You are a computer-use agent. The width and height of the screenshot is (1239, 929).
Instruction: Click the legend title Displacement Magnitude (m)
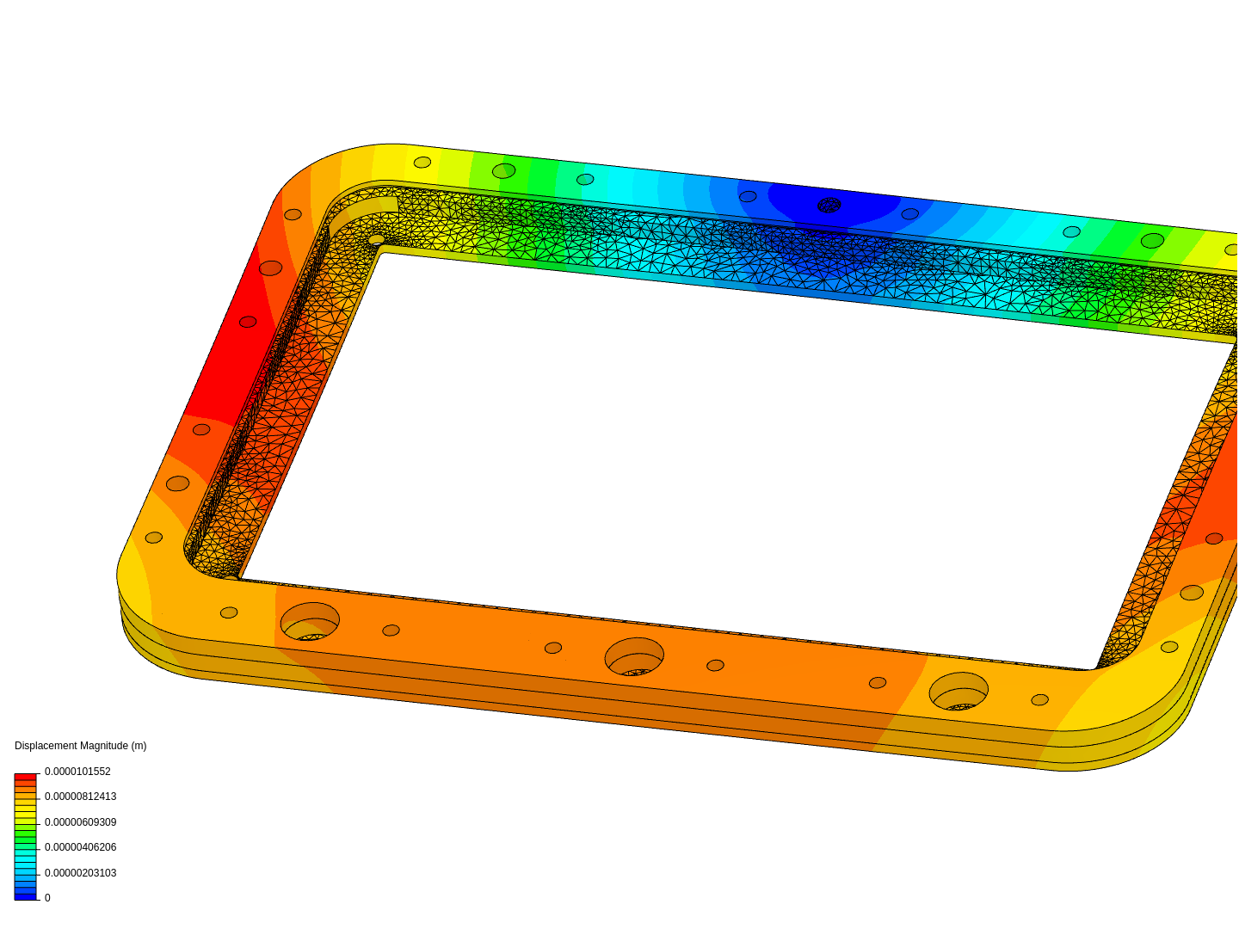(80, 746)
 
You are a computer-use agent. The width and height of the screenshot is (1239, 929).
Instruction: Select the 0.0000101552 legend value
(77, 772)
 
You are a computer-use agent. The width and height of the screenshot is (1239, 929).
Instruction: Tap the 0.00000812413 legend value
(80, 797)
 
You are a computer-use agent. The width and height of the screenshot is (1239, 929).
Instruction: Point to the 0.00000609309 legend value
(80, 822)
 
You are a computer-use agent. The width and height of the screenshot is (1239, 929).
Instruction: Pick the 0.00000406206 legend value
(80, 847)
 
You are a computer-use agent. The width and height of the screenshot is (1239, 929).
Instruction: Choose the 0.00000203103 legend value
(80, 873)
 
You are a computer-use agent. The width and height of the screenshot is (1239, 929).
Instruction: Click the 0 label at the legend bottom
(47, 898)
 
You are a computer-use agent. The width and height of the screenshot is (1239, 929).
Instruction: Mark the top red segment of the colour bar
(26, 777)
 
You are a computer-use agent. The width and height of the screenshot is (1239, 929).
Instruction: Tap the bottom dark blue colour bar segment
(26, 896)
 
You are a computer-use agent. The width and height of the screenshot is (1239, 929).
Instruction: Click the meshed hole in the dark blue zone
(829, 205)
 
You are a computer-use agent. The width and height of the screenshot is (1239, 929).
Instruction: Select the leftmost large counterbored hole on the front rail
(310, 621)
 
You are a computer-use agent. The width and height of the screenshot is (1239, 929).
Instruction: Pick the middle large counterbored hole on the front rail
(634, 656)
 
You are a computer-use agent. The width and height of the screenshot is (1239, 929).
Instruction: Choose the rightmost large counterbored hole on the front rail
(959, 691)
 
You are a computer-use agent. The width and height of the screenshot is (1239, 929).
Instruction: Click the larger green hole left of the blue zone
(503, 170)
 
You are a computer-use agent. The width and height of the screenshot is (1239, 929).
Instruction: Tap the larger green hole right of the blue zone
(1152, 241)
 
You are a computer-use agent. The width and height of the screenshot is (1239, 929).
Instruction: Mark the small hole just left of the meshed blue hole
(748, 196)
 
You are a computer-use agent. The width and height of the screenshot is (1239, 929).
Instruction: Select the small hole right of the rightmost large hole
(1039, 699)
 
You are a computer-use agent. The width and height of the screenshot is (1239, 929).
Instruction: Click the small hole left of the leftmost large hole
(229, 612)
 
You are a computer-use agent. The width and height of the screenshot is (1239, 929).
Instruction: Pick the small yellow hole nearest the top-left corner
(422, 162)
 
